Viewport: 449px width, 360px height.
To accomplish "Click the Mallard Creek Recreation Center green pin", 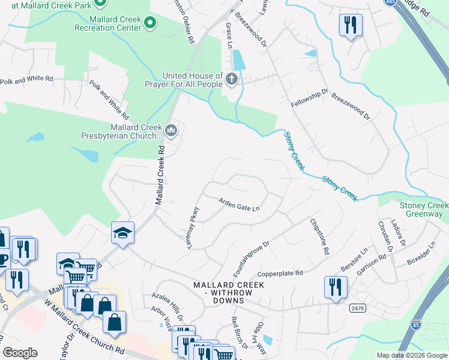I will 150,24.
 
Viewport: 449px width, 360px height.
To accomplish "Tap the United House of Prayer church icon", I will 231,79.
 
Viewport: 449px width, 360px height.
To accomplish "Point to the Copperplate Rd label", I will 282,273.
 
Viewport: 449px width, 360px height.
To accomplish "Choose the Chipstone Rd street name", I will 319,238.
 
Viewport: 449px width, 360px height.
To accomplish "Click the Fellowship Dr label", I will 310,98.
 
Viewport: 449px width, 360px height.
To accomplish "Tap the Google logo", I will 20,353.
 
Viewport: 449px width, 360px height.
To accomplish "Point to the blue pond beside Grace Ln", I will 238,59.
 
